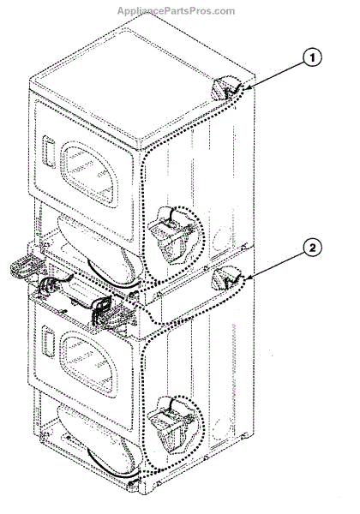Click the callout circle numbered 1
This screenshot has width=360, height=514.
(x=312, y=58)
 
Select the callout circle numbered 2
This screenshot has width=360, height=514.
(x=312, y=248)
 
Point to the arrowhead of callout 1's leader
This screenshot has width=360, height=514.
(x=247, y=87)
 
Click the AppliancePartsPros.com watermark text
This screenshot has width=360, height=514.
(x=176, y=11)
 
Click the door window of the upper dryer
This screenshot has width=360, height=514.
(x=89, y=173)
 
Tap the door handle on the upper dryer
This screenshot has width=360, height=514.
(x=49, y=152)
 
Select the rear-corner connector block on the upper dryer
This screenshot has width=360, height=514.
(x=224, y=89)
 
